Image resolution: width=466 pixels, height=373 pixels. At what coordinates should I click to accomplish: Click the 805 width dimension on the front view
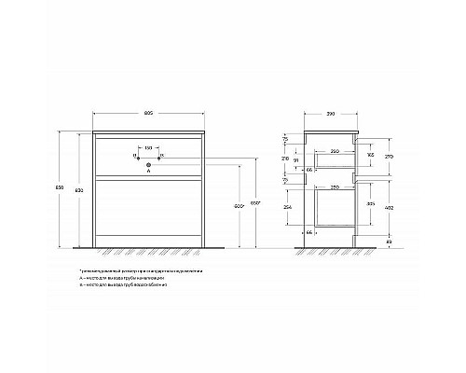tap(150, 114)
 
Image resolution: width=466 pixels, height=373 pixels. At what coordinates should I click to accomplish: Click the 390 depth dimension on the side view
tap(331, 115)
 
